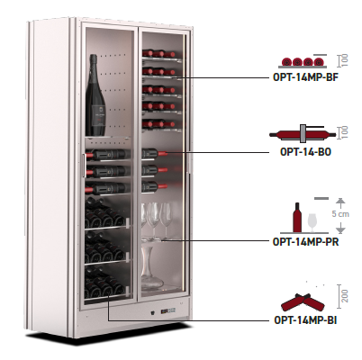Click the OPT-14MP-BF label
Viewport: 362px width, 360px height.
[305, 77]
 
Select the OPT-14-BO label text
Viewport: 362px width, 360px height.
[305, 152]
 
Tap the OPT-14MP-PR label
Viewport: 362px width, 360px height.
[305, 241]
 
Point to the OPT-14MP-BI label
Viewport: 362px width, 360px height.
[305, 320]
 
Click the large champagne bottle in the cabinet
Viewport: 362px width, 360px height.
[95, 95]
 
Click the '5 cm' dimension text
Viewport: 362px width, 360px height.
[340, 214]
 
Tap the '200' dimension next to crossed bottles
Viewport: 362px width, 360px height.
[345, 296]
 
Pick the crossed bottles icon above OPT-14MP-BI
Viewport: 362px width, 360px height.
[303, 302]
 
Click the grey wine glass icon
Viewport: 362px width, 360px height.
[312, 222]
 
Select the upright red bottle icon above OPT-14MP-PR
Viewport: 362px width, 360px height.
[297, 217]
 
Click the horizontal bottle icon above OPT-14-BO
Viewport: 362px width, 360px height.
[303, 134]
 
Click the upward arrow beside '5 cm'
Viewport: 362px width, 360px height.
[339, 203]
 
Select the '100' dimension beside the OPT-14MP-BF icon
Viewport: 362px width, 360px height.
[345, 60]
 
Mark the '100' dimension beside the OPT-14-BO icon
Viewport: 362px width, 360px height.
[345, 132]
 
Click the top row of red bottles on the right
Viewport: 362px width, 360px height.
[159, 54]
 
